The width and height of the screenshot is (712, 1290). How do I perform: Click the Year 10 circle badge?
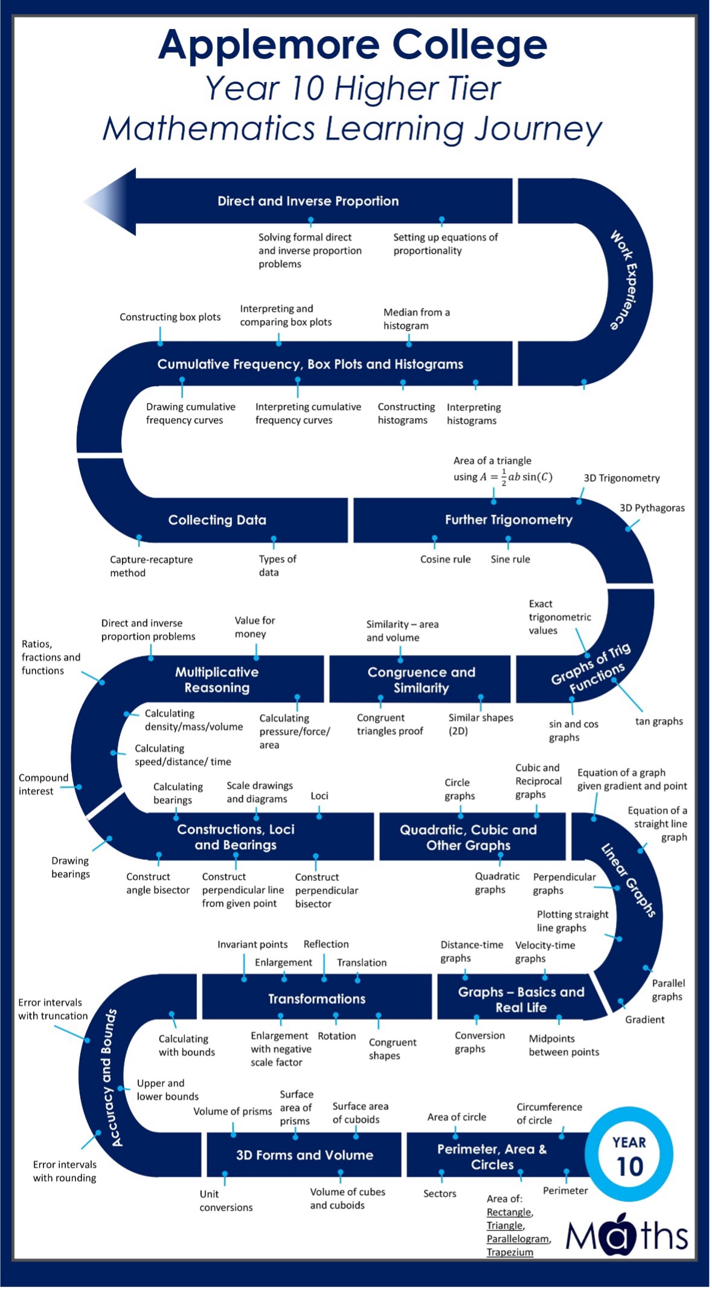pyautogui.click(x=629, y=1154)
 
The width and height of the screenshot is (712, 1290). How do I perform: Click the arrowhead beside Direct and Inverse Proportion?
pyautogui.click(x=112, y=201)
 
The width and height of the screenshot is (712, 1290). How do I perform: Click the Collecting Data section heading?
pyautogui.click(x=217, y=520)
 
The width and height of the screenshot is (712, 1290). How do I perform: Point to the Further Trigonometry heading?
pyautogui.click(x=508, y=520)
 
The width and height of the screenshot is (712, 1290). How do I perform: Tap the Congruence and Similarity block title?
pyautogui.click(x=421, y=680)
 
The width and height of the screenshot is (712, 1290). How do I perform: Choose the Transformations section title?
pyautogui.click(x=316, y=999)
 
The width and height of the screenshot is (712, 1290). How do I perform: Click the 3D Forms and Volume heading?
pyautogui.click(x=304, y=1155)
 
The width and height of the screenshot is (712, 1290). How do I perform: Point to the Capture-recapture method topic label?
pyautogui.click(x=151, y=566)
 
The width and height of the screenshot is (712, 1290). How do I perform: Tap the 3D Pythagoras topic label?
pyautogui.click(x=652, y=508)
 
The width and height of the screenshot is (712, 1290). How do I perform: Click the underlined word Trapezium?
pyautogui.click(x=510, y=1252)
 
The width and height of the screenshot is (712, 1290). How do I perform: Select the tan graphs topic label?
pyautogui.click(x=659, y=721)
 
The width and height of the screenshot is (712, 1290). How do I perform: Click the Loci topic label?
pyautogui.click(x=319, y=796)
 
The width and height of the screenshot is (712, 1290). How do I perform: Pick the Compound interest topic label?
pyautogui.click(x=43, y=784)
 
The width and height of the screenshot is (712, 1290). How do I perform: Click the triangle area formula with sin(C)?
pyautogui.click(x=502, y=476)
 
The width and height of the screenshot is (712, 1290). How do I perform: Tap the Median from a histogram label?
pyautogui.click(x=416, y=319)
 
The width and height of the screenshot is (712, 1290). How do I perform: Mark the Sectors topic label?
pyautogui.click(x=440, y=1193)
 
